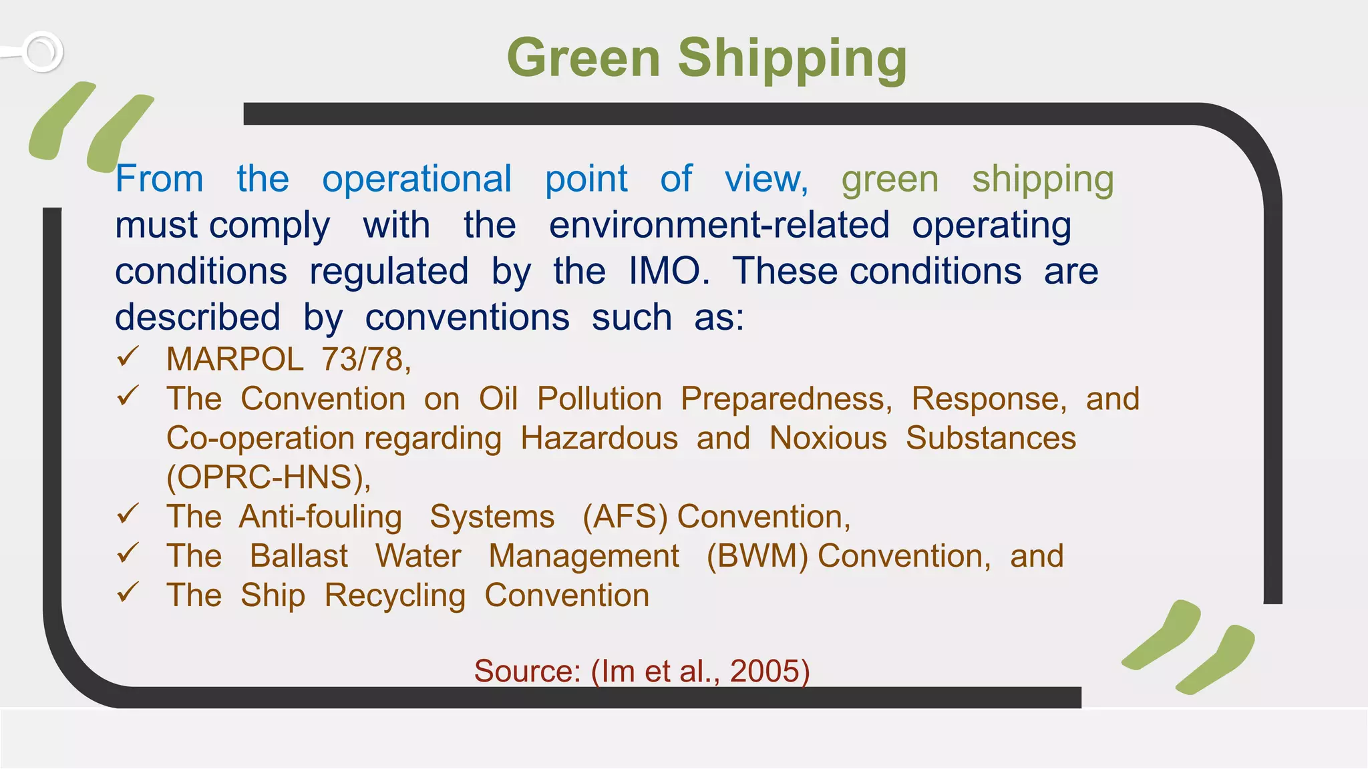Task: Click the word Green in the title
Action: pyautogui.click(x=583, y=58)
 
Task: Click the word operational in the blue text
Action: pyautogui.click(x=417, y=179)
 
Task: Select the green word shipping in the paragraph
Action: pyautogui.click(x=1043, y=180)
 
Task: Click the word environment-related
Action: pyautogui.click(x=719, y=225)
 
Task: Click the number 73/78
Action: pyautogui.click(x=365, y=360)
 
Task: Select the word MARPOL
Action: pyautogui.click(x=235, y=360)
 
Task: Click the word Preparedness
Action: pyautogui.click(x=785, y=399)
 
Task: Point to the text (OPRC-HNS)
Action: pyautogui.click(x=267, y=477)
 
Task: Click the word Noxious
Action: pyautogui.click(x=828, y=439)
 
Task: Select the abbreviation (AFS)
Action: pyautogui.click(x=625, y=517)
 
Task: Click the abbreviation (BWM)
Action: pyautogui.click(x=757, y=557)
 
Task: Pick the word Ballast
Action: pyautogui.click(x=299, y=557)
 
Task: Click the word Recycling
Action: pyautogui.click(x=395, y=596)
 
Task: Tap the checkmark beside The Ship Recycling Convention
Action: pyautogui.click(x=127, y=592)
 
